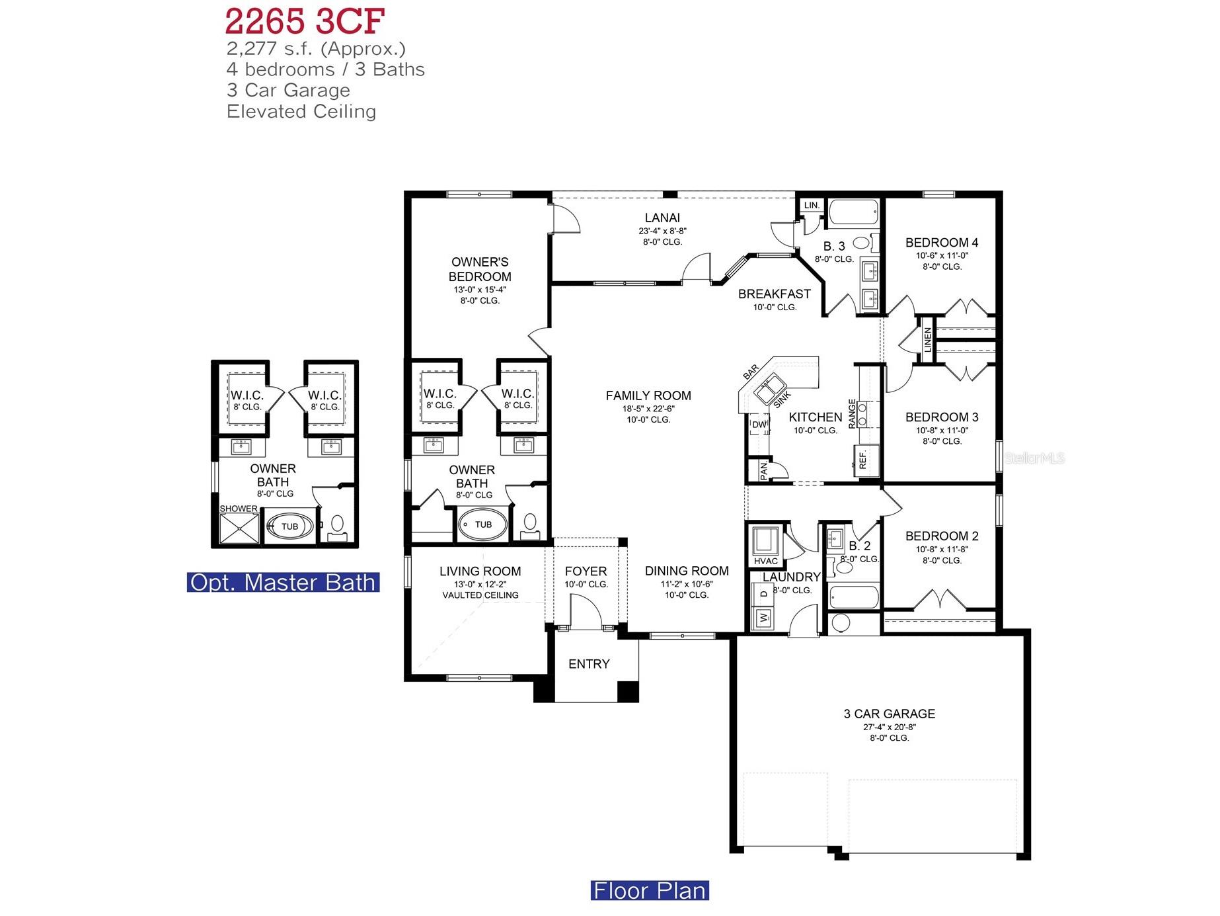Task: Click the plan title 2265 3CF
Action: tap(305, 21)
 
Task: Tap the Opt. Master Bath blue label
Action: tap(283, 582)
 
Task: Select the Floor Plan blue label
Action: tap(649, 890)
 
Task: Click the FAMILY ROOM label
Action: tap(648, 396)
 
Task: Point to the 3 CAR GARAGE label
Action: tap(889, 714)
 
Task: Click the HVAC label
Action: tap(765, 562)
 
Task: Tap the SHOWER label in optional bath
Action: tap(239, 509)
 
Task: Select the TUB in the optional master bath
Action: tap(289, 526)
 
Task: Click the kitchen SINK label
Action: tap(782, 399)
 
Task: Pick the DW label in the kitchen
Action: tap(759, 425)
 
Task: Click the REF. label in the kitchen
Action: tap(863, 460)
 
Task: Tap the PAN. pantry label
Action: tap(764, 470)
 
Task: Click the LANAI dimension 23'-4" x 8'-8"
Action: tap(662, 231)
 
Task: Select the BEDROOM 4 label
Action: tap(941, 243)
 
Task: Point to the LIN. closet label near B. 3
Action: tap(812, 205)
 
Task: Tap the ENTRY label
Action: tap(589, 664)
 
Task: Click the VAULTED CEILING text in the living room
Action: tap(480, 595)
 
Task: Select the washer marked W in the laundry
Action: tap(764, 618)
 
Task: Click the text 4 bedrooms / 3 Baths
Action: tap(325, 69)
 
